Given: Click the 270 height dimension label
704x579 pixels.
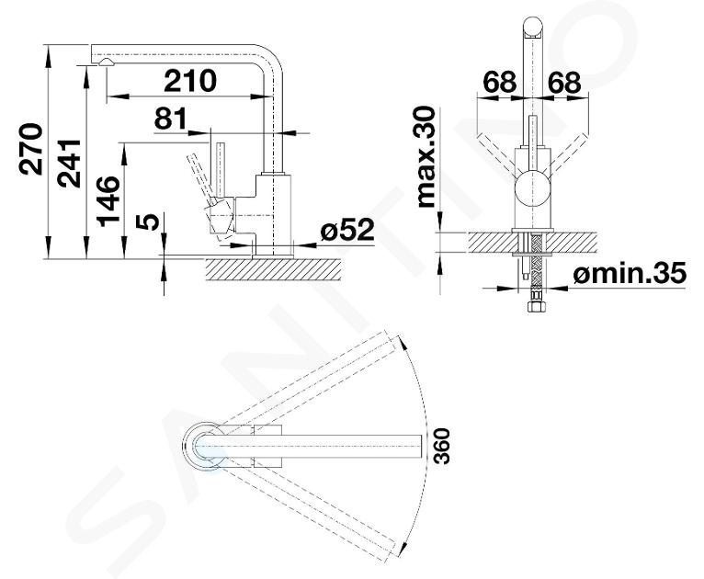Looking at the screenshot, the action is point(32,149).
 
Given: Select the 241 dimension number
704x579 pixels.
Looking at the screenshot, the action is point(69,164).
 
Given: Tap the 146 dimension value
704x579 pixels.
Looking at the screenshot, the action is point(108,201).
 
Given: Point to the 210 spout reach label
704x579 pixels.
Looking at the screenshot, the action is point(190,81).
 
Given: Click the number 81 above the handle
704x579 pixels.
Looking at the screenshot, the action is point(171,119).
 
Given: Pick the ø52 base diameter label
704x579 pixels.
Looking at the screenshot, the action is point(347,231).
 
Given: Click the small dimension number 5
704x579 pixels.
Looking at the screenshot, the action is point(150,221).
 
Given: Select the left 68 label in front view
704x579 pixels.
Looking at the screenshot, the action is point(499,83).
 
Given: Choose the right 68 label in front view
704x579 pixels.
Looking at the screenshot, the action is point(564,83).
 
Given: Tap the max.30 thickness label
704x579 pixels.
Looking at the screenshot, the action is point(426,157).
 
